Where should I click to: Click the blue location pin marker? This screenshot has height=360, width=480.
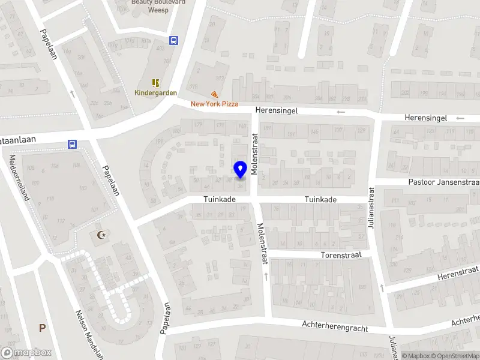[240, 170]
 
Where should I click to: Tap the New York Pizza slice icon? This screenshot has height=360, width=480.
[214, 95]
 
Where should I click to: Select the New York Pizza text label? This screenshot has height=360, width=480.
[214, 104]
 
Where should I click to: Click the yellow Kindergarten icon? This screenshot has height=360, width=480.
[155, 83]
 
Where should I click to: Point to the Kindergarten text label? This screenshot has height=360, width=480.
[155, 93]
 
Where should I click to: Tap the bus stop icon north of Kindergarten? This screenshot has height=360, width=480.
[174, 40]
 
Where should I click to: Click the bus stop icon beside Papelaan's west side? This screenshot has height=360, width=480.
[72, 144]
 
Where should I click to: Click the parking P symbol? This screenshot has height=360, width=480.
[42, 328]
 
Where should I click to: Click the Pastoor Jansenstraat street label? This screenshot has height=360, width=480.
[444, 182]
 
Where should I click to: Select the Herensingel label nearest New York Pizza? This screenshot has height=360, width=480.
[276, 110]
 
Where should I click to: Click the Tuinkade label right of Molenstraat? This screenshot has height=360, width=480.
[320, 200]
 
